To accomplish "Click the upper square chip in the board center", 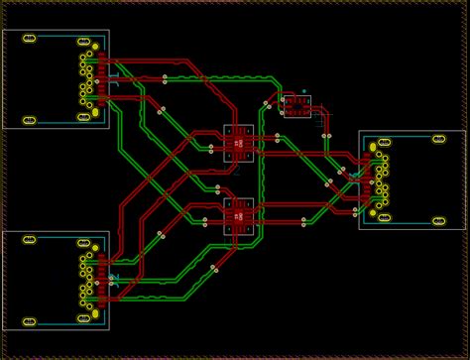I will click(x=238, y=143).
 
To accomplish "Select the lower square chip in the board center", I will click(x=238, y=216).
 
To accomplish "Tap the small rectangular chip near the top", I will click(x=296, y=106).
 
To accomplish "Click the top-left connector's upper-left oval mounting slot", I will click(x=30, y=39).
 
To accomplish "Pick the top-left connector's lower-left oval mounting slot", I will click(x=30, y=120).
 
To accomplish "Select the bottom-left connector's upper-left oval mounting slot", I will click(x=30, y=240).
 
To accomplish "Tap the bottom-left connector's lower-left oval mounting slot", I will click(x=30, y=321).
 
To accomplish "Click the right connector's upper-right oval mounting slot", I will click(x=439, y=139).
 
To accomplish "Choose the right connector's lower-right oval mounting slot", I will click(x=439, y=220).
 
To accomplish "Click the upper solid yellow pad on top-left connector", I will click(x=95, y=47).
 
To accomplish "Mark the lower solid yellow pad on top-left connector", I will click(x=95, y=112).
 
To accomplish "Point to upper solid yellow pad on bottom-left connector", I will click(x=95, y=248).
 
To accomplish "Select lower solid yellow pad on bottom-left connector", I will click(x=95, y=313).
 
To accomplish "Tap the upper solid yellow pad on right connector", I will click(x=374, y=147).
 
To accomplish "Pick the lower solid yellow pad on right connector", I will click(x=374, y=212).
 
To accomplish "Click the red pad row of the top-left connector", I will click(x=102, y=79).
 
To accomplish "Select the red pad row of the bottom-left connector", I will click(x=102, y=281).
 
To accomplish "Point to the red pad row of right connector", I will click(x=367, y=180).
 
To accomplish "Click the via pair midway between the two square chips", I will click(x=217, y=187).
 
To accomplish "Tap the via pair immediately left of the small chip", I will click(x=267, y=104).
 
